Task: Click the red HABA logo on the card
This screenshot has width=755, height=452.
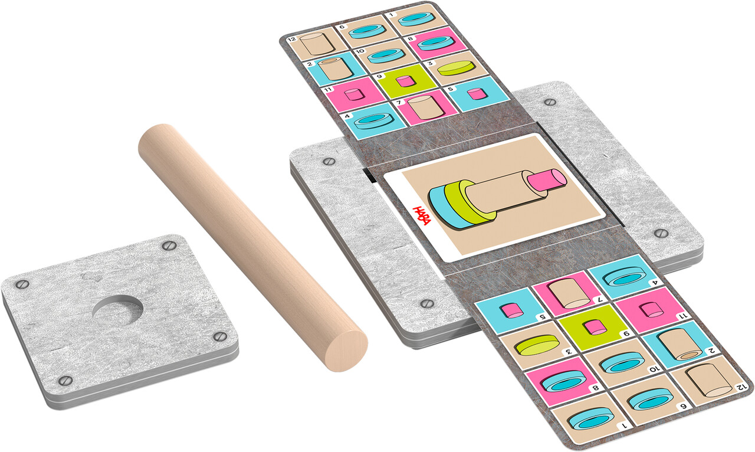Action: pyautogui.click(x=422, y=215)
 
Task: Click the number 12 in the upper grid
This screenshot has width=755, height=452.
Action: pyautogui.click(x=292, y=40)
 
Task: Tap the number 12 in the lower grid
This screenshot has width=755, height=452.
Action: pyautogui.click(x=740, y=387)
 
